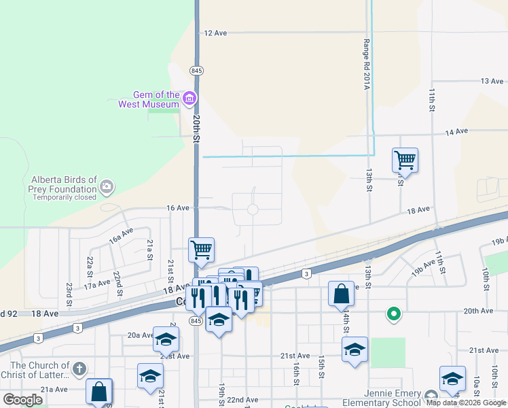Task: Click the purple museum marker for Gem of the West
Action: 189,99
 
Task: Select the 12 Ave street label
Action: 215,33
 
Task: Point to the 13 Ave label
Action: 491,81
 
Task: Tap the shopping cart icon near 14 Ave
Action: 405,160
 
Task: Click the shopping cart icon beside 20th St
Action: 201,250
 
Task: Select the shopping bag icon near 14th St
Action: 341,294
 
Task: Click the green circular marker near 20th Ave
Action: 393,313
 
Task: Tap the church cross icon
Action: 79,369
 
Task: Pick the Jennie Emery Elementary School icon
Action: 431,396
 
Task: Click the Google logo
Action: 22,400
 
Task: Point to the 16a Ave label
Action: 121,236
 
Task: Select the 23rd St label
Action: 69,294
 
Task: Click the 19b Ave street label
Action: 500,241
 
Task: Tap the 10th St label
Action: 486,278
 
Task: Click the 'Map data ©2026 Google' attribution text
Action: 466,403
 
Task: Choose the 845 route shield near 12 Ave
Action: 197,70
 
